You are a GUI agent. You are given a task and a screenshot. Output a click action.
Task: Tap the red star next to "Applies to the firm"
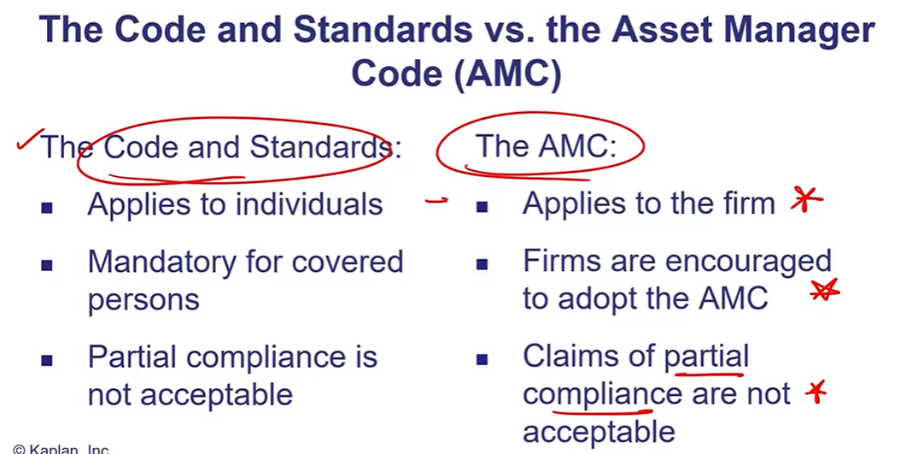coord(806,200)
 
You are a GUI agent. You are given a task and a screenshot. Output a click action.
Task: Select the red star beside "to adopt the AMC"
coord(824,289)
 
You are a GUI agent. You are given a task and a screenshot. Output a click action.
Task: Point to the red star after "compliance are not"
coord(816,392)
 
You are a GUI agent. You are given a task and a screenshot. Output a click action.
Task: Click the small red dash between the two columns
coord(436,201)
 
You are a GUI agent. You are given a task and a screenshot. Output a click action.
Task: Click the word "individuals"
coord(309,203)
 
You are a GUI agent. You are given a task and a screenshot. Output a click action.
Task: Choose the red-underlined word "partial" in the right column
coord(706,357)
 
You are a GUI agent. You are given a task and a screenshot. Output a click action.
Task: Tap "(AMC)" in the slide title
coord(507,74)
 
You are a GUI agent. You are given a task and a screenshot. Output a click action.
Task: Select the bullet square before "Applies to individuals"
coord(48,207)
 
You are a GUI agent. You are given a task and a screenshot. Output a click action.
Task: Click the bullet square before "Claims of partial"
coord(482,360)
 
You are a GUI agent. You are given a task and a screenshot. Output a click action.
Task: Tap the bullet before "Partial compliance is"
coord(48,360)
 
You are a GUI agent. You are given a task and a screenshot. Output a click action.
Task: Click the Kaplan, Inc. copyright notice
coord(61,450)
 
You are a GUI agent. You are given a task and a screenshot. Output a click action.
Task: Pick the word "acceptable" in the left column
coord(215,395)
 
